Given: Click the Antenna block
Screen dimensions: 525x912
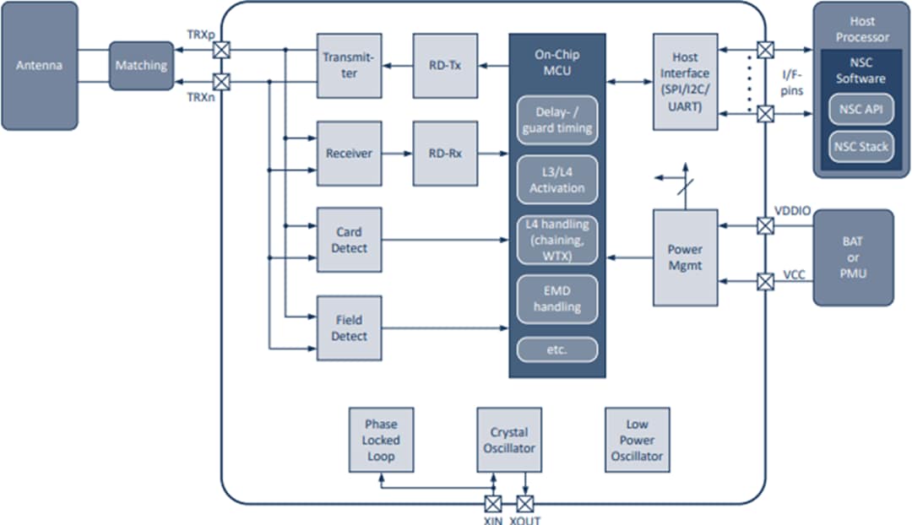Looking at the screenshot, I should tap(39, 65).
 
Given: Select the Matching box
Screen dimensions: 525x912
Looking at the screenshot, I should tap(141, 65).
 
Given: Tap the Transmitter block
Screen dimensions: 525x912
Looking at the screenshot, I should tap(349, 65).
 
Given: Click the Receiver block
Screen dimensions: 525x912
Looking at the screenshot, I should tap(349, 154).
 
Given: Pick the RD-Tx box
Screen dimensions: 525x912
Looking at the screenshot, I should tap(445, 65).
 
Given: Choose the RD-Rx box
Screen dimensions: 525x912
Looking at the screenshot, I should tap(445, 154).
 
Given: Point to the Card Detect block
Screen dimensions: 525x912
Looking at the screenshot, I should tap(349, 241).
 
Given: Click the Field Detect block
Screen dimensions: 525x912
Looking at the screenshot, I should tap(349, 327).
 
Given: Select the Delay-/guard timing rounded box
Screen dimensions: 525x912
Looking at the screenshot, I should tap(556, 120).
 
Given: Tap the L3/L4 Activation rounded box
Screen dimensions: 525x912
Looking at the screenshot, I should tap(556, 179).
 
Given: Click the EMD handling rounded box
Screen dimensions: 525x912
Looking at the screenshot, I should tap(556, 298).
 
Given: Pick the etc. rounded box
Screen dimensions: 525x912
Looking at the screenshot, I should tap(556, 349).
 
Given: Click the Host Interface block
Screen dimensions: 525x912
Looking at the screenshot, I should tap(685, 82).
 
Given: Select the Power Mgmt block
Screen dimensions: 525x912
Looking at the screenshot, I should tap(685, 257).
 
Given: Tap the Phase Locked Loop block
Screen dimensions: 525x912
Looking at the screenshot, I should tap(381, 440).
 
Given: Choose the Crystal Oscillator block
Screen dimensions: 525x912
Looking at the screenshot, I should tap(509, 440).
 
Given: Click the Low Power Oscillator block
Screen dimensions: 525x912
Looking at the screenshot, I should tap(638, 440).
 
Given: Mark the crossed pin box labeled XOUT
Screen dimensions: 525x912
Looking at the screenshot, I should tap(525, 504).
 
